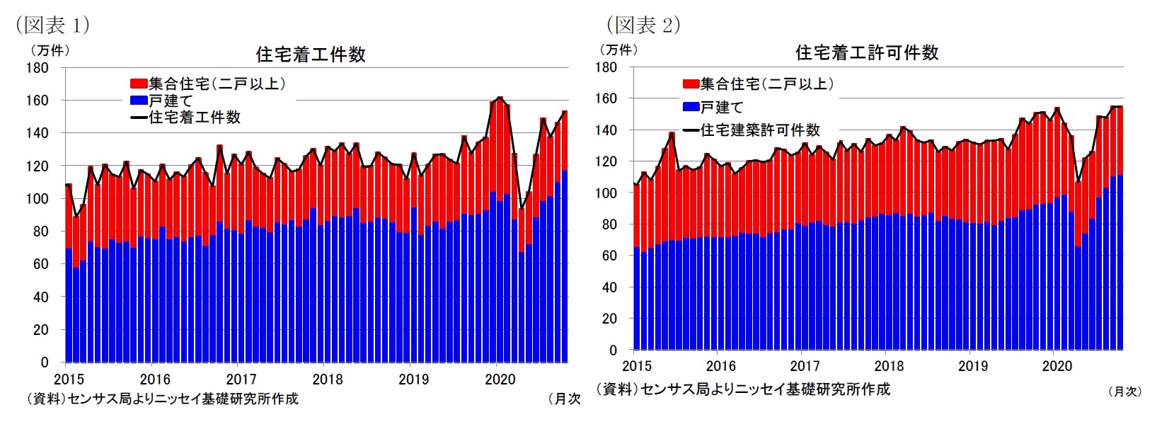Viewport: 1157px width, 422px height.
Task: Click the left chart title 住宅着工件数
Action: (x=311, y=55)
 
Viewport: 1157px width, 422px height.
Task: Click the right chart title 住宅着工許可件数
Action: (x=867, y=52)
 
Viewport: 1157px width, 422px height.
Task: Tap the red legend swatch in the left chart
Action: (x=139, y=84)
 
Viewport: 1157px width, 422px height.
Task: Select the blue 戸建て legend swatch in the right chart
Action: (x=691, y=107)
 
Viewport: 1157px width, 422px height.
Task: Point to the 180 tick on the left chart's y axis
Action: (x=38, y=68)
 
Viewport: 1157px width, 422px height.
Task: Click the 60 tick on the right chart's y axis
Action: (x=609, y=256)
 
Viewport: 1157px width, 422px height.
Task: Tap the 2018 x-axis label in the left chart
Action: (x=328, y=380)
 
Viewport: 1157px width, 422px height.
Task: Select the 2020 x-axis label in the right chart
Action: (x=1057, y=366)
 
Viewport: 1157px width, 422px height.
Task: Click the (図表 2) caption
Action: (x=643, y=25)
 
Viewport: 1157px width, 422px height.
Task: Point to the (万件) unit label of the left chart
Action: (x=49, y=50)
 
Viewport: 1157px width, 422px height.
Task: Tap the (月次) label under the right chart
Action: (x=1124, y=391)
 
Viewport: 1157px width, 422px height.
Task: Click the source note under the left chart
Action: (x=162, y=399)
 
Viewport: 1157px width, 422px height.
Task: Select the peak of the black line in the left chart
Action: (x=500, y=98)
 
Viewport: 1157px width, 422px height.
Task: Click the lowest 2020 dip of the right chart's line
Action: (x=1078, y=182)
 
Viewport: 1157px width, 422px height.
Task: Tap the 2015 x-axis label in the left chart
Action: (x=69, y=380)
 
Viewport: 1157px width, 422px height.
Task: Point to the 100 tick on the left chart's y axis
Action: (x=38, y=199)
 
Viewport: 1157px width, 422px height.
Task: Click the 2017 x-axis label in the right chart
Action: (x=805, y=366)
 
